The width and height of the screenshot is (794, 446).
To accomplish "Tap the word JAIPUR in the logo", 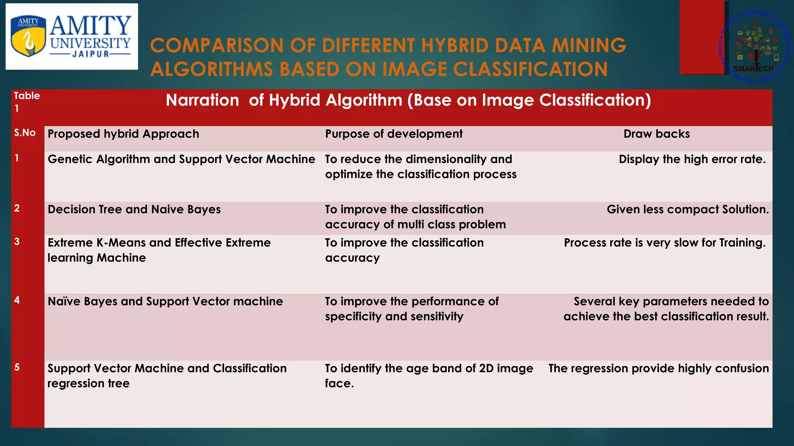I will tap(91, 54).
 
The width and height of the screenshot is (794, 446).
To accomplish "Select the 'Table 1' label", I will tap(27, 102).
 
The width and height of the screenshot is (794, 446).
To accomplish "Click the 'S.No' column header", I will tap(25, 133).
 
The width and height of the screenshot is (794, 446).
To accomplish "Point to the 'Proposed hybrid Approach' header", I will tap(123, 134).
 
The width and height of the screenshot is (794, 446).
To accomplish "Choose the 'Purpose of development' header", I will tap(394, 134).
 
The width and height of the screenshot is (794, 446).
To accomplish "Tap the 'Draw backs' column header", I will tap(656, 134).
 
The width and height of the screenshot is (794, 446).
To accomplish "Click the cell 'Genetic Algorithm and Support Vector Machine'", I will tap(181, 159).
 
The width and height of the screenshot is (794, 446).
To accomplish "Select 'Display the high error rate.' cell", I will tap(692, 159).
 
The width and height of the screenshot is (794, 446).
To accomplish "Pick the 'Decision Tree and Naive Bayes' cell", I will tap(134, 209).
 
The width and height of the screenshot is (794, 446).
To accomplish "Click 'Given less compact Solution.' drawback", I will tap(687, 209).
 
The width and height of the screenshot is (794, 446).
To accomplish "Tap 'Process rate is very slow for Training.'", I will tap(665, 243).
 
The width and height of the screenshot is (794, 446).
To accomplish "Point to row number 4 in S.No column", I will tap(17, 300).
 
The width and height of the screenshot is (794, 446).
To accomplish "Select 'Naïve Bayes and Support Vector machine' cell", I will tap(165, 301).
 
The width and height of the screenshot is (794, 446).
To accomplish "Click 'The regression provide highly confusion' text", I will tap(658, 368).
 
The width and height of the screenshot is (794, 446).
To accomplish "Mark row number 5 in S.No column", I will tap(17, 367).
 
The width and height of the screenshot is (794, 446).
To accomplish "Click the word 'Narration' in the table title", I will tap(202, 100).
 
